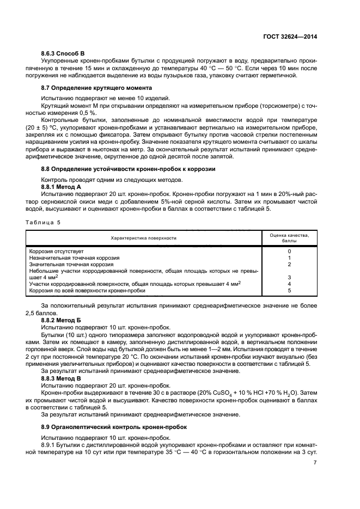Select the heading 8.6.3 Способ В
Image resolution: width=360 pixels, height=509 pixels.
(x=63, y=53)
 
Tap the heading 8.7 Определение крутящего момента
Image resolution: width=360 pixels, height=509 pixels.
(x=96, y=88)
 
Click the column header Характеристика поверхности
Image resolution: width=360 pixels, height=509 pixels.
(x=143, y=238)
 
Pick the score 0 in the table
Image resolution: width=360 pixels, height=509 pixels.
(x=289, y=252)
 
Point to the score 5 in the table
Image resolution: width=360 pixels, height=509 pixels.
(x=289, y=291)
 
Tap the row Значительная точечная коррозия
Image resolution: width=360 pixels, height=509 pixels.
(x=71, y=265)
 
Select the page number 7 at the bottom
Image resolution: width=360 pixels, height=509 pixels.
(x=315, y=463)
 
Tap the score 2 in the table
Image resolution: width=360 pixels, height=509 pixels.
(x=289, y=265)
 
